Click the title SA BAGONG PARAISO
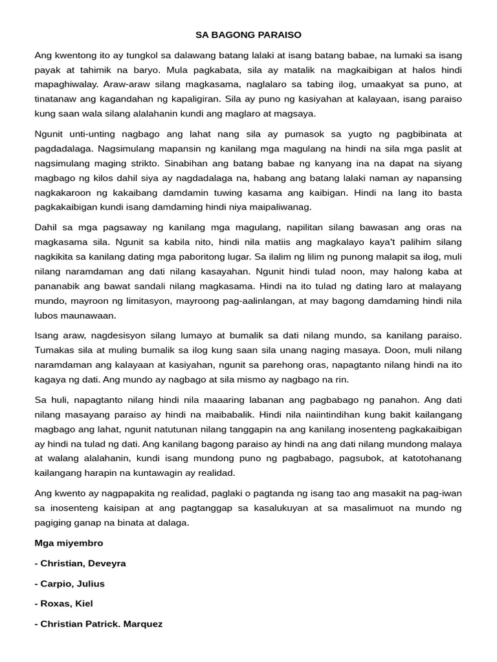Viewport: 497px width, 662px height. pyautogui.click(x=248, y=34)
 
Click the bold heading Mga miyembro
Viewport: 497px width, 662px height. pyautogui.click(x=69, y=543)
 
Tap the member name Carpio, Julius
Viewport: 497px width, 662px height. pyautogui.click(x=72, y=584)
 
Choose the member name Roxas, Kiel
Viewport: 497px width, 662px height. pyautogui.click(x=67, y=604)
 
